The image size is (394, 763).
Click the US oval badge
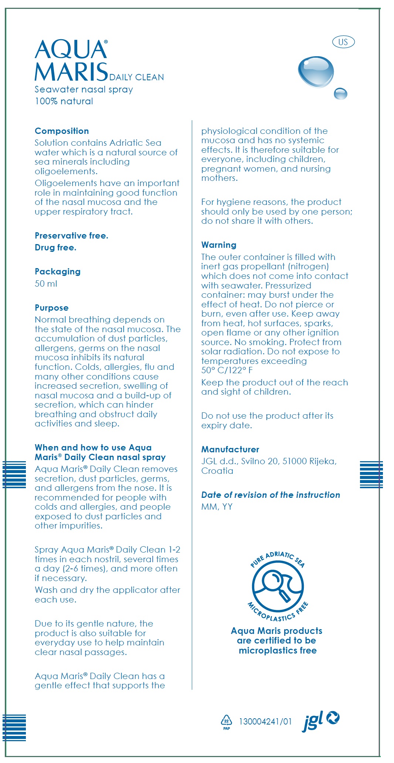pyautogui.click(x=343, y=42)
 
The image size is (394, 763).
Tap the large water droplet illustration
pyautogui.click(x=316, y=72)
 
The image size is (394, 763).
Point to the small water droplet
pyautogui.click(x=340, y=94)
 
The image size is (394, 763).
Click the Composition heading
pyautogui.click(x=62, y=131)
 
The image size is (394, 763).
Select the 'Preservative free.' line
pyautogui.click(x=71, y=236)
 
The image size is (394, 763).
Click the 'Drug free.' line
pyautogui.click(x=55, y=247)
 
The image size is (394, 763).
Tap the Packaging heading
pyautogui.click(x=58, y=271)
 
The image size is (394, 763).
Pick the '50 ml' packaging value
pyautogui.click(x=46, y=284)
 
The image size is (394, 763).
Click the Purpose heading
pyautogui.click(x=52, y=308)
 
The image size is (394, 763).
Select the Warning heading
pyautogui.click(x=219, y=245)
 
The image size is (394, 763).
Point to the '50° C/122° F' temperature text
pyautogui.click(x=227, y=370)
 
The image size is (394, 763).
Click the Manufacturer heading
pyautogui.click(x=230, y=449)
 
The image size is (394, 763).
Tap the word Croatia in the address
pyautogui.click(x=217, y=471)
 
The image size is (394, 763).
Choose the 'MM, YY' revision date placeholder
pyautogui.click(x=217, y=507)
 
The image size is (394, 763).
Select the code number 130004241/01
pyautogui.click(x=265, y=722)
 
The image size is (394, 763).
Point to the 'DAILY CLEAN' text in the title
pyautogui.click(x=137, y=77)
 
